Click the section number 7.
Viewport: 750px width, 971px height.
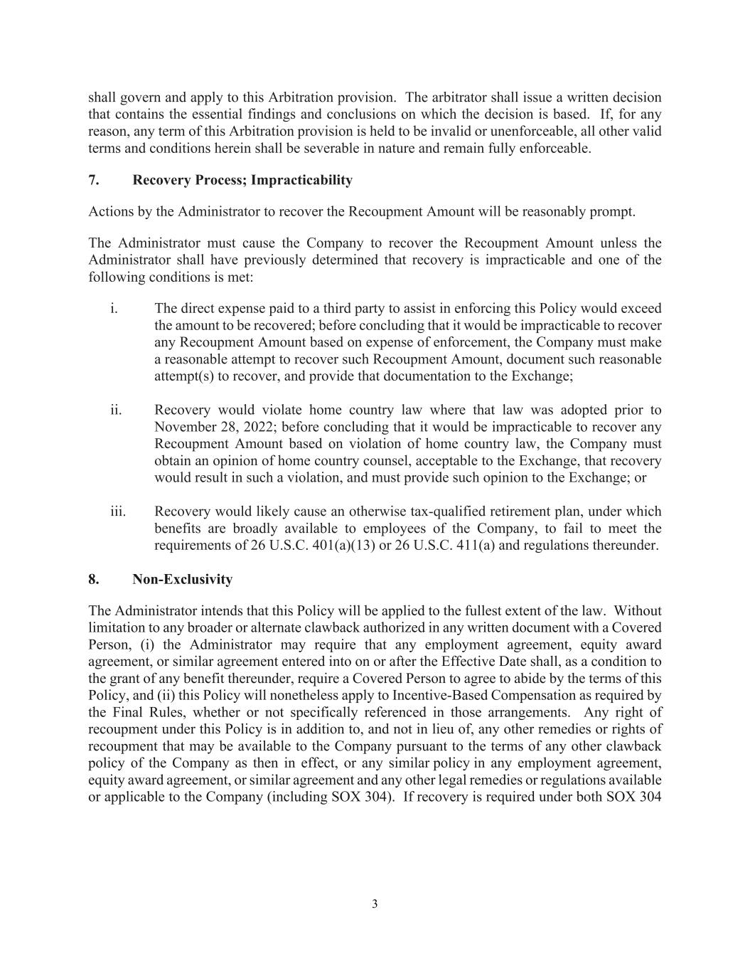pyautogui.click(x=93, y=180)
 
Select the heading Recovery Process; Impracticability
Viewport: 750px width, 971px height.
pyautogui.click(x=242, y=180)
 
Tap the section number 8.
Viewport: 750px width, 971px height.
pyautogui.click(x=93, y=579)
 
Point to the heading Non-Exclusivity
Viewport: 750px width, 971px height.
pyautogui.click(x=182, y=579)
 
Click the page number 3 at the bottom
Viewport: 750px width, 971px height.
pyautogui.click(x=375, y=904)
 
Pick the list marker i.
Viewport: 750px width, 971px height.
pyautogui.click(x=114, y=308)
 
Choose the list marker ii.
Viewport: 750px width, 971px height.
pyautogui.click(x=116, y=410)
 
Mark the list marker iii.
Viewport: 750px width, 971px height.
pyautogui.click(x=117, y=511)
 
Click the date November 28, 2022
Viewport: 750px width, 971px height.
pyautogui.click(x=208, y=427)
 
